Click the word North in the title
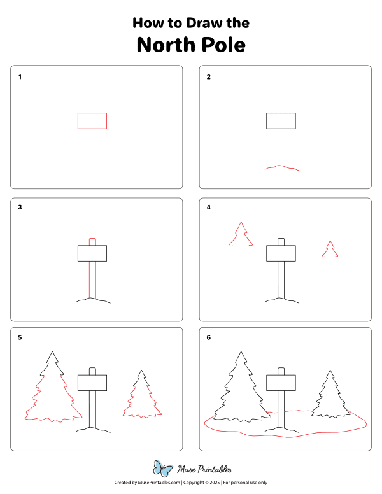pyautogui.click(x=166, y=46)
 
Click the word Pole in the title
pyautogui.click(x=222, y=46)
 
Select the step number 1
pyautogui.click(x=20, y=78)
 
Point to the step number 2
pyautogui.click(x=208, y=78)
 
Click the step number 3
pyautogui.click(x=20, y=208)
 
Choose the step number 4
pyautogui.click(x=208, y=208)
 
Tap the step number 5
pyautogui.click(x=20, y=337)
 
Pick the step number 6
pyautogui.click(x=208, y=337)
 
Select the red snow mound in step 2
pyautogui.click(x=282, y=168)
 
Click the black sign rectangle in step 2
pyautogui.click(x=281, y=121)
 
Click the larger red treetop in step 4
pyautogui.click(x=241, y=235)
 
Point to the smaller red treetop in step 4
pyautogui.click(x=329, y=250)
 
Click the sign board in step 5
pyautogui.click(x=93, y=383)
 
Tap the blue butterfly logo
pyautogui.click(x=164, y=469)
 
